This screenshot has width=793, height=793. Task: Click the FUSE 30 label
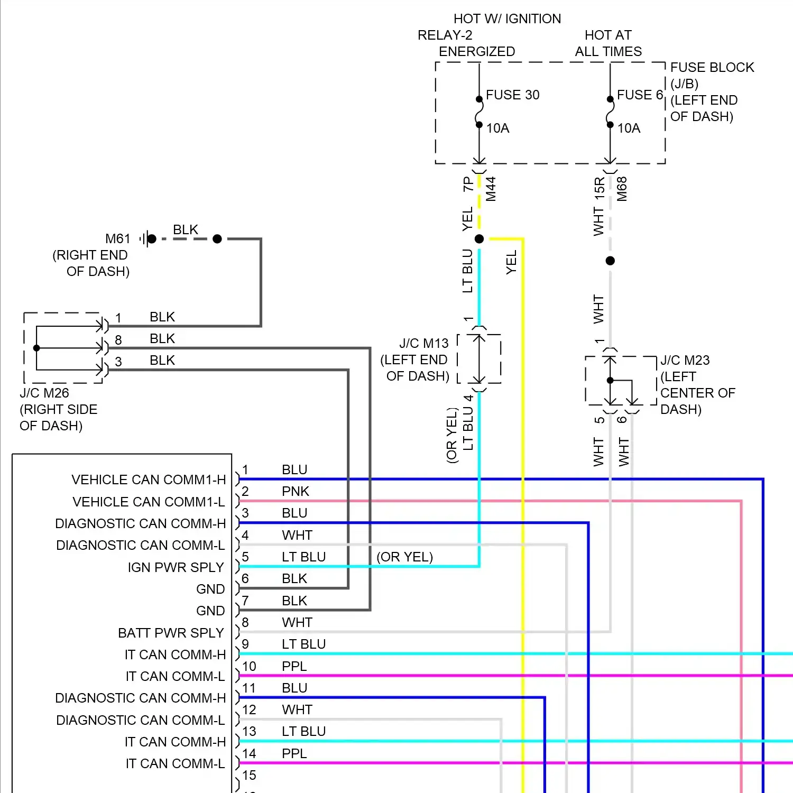[512, 95]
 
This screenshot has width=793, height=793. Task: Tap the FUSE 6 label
[640, 95]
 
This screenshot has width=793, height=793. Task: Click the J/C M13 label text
[423, 344]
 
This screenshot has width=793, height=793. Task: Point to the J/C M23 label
[685, 361]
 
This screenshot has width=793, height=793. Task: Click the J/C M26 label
[44, 393]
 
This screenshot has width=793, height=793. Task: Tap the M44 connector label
[491, 189]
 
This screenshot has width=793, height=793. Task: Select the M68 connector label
[622, 189]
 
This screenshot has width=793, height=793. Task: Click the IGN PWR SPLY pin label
[176, 568]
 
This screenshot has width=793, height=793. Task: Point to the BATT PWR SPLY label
[171, 633]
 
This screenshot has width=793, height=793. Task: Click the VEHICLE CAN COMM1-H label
[149, 480]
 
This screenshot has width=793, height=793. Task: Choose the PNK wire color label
[295, 492]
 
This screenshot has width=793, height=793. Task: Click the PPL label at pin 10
[294, 667]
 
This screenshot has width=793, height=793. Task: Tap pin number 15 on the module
[249, 776]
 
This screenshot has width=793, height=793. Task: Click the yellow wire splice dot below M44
[479, 239]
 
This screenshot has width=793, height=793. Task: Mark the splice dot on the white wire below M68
[610, 261]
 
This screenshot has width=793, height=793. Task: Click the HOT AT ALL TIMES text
[608, 43]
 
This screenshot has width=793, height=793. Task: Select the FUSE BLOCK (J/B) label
[712, 75]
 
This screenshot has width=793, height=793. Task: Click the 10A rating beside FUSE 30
[497, 128]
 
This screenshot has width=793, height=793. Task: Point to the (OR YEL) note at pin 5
[404, 557]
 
